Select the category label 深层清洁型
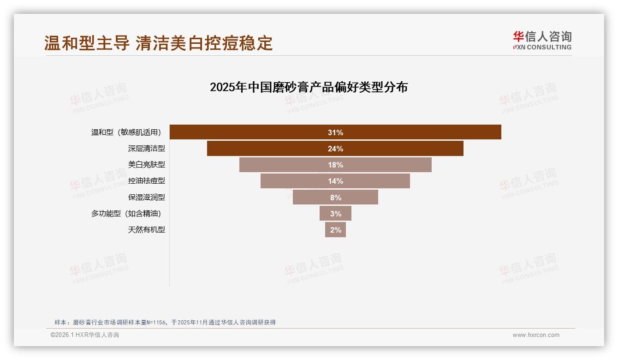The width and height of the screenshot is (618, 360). coord(146,149)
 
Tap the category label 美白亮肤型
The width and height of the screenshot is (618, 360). coord(146,165)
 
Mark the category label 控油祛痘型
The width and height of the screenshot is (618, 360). coord(146,181)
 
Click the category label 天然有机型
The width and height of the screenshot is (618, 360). coord(146,229)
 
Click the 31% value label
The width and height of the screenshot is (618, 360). coord(335,132)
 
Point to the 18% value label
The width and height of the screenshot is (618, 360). coord(335,165)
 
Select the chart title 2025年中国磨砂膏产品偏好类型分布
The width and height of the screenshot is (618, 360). coord(309,87)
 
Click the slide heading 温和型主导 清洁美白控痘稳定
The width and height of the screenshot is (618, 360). coord(159,43)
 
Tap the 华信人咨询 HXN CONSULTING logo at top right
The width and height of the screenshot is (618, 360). coord(542,41)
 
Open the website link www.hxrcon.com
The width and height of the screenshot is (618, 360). coord(536,335)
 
